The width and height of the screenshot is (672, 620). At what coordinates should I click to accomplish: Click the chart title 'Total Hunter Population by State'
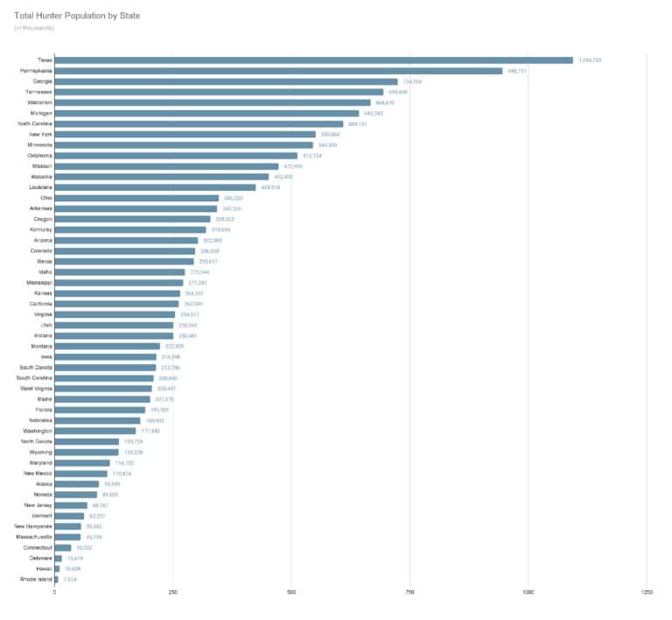click(76, 16)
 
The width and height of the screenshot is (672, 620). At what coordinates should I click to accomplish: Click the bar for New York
click(185, 134)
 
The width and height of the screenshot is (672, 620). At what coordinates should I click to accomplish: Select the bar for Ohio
click(136, 198)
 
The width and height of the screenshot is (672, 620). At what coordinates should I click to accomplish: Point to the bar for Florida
click(100, 410)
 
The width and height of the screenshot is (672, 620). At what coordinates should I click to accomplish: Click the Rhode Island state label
click(36, 579)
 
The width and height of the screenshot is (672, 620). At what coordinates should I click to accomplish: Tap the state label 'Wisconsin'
click(38, 102)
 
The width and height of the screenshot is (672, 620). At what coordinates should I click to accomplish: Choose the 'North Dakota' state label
click(35, 441)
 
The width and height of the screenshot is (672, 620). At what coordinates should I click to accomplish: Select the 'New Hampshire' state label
click(33, 526)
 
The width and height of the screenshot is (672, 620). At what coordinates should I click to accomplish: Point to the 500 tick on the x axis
click(291, 594)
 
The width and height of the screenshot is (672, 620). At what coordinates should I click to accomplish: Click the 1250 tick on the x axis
click(647, 594)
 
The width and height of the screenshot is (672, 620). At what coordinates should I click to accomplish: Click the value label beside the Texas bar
click(591, 60)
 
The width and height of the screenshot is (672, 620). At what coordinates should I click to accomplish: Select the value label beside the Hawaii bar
click(73, 568)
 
